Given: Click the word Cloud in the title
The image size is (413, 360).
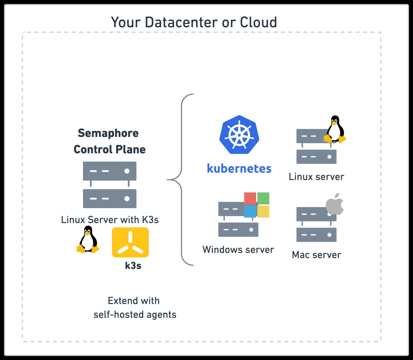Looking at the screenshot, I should [258, 22].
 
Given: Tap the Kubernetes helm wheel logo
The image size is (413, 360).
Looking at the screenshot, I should [239, 134].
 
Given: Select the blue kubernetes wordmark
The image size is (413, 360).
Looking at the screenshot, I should [239, 169].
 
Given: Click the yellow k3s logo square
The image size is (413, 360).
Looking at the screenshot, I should [130, 242].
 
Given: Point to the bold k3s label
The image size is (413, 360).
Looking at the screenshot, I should [133, 266].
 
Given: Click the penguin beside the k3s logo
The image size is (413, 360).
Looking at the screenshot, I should [87, 239].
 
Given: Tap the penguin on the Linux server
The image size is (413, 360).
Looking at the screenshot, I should [334, 129].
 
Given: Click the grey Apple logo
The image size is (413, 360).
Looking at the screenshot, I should [335, 204].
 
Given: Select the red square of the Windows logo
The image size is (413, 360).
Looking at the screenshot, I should [250, 198].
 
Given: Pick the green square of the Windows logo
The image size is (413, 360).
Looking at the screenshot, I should [263, 198].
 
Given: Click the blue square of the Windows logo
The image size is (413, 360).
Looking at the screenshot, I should [250, 211].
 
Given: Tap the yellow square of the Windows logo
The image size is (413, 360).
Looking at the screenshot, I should [263, 211].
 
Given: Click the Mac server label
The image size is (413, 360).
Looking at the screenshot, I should [316, 255].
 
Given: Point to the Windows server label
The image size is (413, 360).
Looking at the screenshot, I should [238, 249].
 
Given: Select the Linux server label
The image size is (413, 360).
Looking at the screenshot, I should [316, 177].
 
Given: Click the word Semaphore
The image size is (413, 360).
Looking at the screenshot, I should [108, 133].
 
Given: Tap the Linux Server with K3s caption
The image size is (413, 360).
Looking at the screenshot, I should [110, 220].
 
